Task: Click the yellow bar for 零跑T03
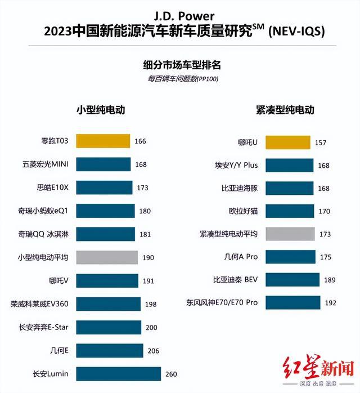103,141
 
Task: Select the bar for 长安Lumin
118,373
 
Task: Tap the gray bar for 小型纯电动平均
107,257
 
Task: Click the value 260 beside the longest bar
170,373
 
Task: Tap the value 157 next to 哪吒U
321,142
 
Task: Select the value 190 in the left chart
147,257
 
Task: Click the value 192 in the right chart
330,302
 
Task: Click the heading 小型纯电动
100,110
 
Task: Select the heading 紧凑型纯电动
285,110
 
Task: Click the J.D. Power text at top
179,15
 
